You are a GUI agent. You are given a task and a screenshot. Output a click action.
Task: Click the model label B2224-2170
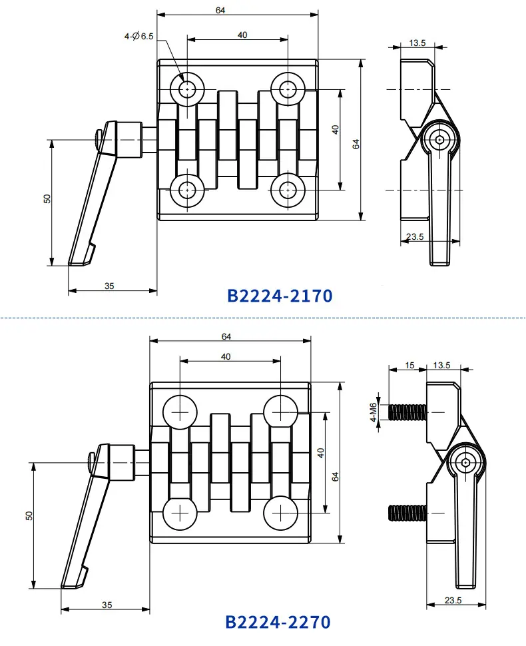(x=280, y=296)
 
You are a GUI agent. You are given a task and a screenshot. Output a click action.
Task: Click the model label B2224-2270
(x=278, y=622)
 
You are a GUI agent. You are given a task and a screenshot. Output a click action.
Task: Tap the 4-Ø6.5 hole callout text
(x=138, y=36)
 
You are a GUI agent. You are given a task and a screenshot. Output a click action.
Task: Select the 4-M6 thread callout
(x=373, y=412)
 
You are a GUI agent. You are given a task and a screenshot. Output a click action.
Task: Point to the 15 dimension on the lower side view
(x=409, y=365)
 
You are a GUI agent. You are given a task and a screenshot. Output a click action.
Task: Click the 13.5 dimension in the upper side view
(x=417, y=43)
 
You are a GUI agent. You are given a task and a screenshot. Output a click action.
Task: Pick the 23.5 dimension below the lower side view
(x=453, y=600)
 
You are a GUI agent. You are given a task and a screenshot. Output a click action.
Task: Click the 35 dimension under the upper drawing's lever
(x=109, y=286)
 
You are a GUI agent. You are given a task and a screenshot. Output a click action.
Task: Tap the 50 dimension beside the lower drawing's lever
(x=29, y=515)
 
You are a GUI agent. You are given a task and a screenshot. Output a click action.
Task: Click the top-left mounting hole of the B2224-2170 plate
(x=187, y=89)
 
